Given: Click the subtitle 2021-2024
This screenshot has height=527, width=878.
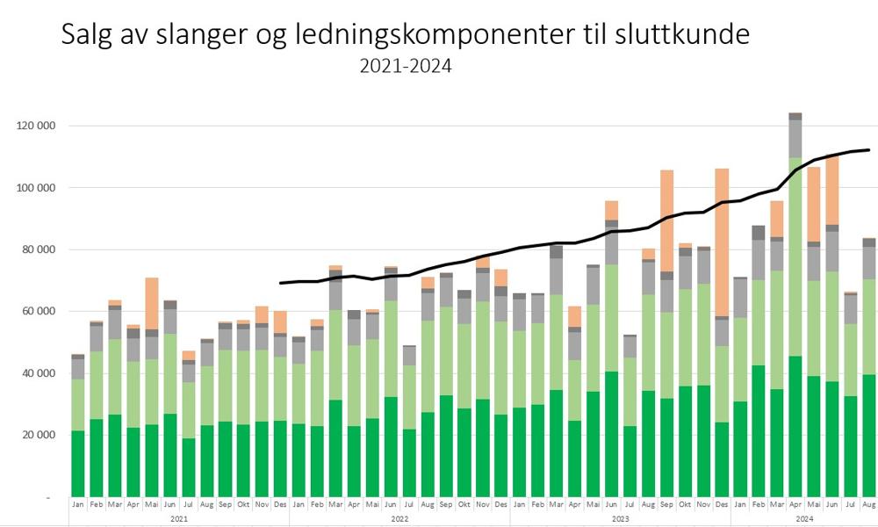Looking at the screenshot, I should (x=405, y=66).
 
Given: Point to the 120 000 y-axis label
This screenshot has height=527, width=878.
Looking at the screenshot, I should (x=37, y=126).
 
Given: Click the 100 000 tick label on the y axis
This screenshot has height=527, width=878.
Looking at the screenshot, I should (x=37, y=188).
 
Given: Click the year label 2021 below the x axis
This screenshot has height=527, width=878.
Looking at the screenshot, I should (x=179, y=519).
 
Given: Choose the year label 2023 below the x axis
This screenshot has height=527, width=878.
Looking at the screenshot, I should (x=620, y=519).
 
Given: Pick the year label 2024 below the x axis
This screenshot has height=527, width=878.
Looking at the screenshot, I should (x=804, y=519).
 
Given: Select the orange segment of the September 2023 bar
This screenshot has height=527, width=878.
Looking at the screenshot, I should (x=666, y=220).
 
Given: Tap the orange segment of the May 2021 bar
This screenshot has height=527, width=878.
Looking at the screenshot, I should (x=152, y=303).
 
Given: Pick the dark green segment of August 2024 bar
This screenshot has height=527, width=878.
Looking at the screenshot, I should (x=868, y=435).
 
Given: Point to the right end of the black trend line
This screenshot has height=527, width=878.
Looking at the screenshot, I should (x=868, y=150).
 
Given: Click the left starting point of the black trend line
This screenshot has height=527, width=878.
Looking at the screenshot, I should (x=281, y=283).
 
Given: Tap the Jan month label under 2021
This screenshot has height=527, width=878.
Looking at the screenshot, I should (x=78, y=505).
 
